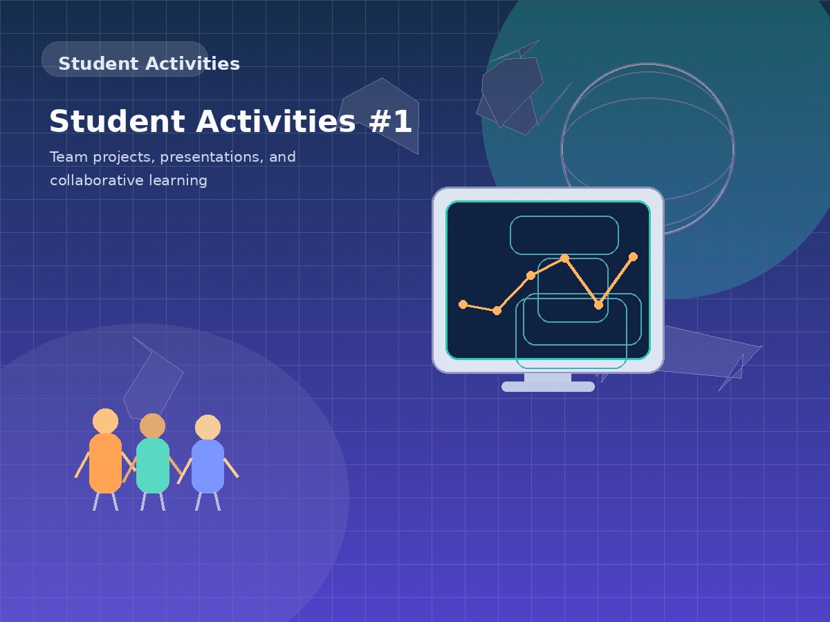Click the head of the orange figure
(105, 421)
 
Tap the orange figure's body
(105, 462)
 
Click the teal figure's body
(153, 465)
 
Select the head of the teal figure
(153, 426)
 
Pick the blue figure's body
(207, 466)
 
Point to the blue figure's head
(207, 427)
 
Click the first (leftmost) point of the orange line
(463, 304)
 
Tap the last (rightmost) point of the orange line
(633, 256)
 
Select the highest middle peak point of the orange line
(564, 258)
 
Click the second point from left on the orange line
(497, 310)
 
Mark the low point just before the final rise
(598, 305)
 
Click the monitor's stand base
(548, 386)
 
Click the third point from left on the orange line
(531, 275)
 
